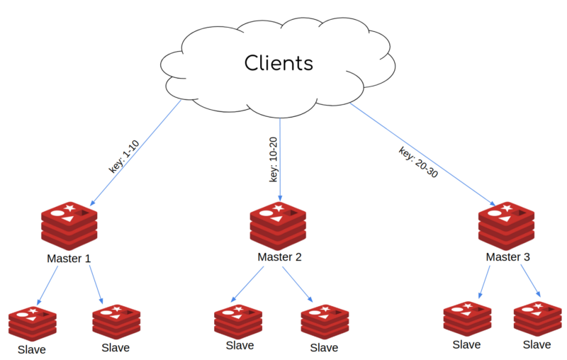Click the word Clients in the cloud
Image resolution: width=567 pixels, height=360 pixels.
tap(279, 63)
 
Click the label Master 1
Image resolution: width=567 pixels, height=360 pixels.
tap(68, 259)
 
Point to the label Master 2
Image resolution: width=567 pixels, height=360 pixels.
tap(279, 257)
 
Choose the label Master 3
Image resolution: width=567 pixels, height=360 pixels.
tap(507, 257)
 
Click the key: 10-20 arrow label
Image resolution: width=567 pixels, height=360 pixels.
tap(274, 159)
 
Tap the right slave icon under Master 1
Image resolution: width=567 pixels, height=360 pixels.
tap(116, 322)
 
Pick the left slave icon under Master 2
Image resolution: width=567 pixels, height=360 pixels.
tap(239, 321)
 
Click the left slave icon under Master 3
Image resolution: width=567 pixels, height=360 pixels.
tap(467, 319)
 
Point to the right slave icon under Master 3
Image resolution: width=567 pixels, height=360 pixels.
tap(537, 319)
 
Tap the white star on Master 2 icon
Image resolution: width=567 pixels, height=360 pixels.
tap(279, 208)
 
